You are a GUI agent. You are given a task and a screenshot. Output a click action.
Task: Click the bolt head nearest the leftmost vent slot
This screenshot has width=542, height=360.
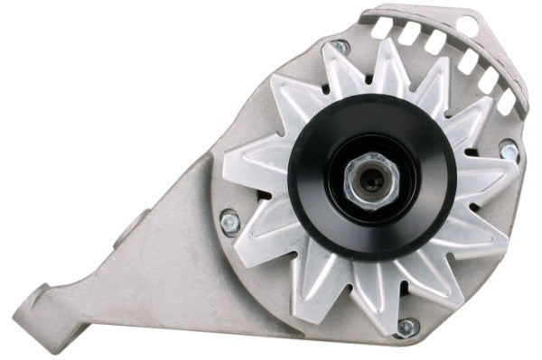[340, 46]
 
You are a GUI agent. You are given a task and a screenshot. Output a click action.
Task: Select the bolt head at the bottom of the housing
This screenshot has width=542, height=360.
[406, 328]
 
